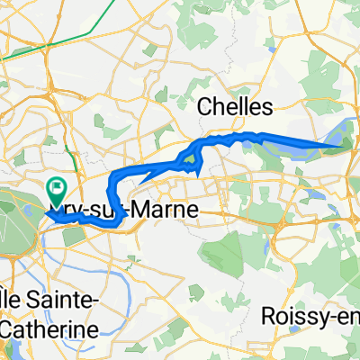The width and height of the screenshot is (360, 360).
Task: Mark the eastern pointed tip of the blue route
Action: tap(343, 145)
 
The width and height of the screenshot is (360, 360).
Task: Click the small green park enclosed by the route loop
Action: tap(189, 161)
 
